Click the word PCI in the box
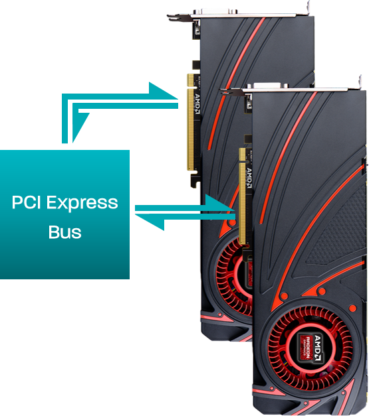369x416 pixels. (26, 202)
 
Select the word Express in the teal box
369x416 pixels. (82, 204)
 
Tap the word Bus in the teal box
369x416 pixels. (65, 232)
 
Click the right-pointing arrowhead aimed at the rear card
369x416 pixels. (163, 92)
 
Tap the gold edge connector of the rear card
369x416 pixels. (191, 122)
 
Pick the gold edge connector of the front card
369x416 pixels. (242, 196)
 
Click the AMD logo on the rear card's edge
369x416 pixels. (197, 104)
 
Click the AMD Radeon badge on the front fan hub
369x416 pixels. (310, 348)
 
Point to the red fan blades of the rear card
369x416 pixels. (229, 279)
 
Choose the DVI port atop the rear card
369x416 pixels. (215, 11)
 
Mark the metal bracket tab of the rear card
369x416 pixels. (307, 7)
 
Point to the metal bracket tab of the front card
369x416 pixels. (360, 82)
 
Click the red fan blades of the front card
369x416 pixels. (310, 348)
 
